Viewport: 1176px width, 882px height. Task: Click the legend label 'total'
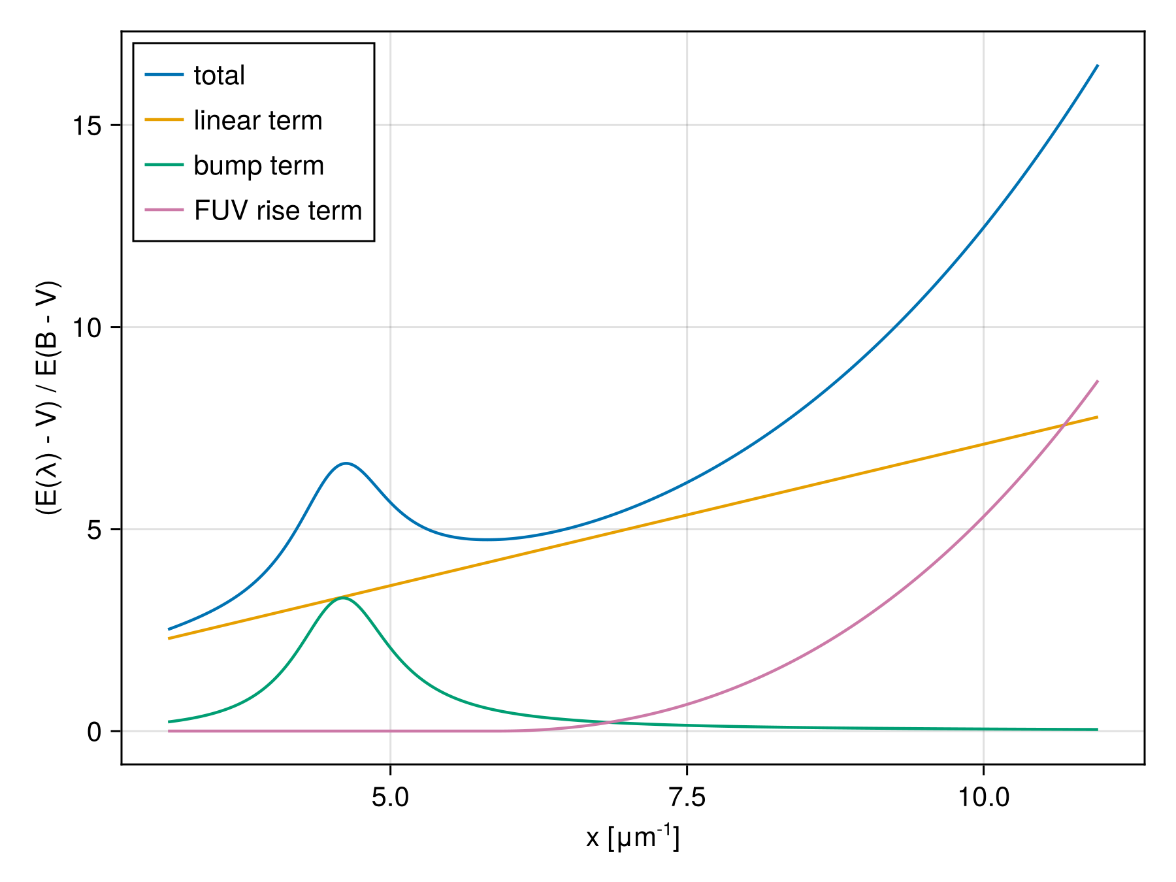pos(219,76)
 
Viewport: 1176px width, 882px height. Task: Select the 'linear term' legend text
pos(258,121)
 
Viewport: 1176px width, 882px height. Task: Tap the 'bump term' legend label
pos(259,166)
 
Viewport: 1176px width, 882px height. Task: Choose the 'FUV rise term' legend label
pos(278,211)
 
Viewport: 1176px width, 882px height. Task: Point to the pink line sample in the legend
pos(164,210)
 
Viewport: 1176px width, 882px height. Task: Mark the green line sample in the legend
pos(164,165)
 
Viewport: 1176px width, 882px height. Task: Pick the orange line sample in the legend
pos(164,120)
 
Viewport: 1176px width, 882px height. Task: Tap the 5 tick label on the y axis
pos(95,530)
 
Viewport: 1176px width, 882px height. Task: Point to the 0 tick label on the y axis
pos(95,732)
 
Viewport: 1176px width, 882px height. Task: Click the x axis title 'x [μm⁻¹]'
pos(632,838)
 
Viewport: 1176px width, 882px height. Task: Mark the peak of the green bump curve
pos(342,598)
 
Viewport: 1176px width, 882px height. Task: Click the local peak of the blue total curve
pos(346,463)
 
